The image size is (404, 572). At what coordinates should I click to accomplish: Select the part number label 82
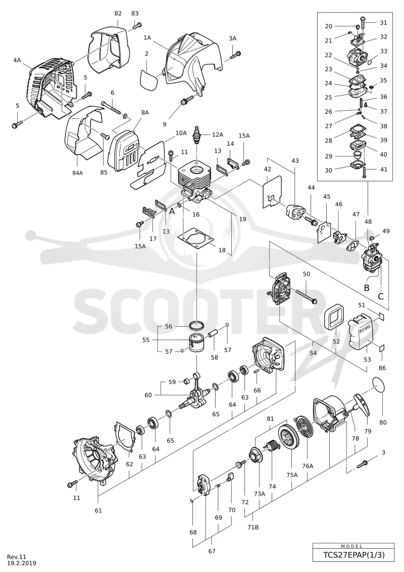[x=118, y=13]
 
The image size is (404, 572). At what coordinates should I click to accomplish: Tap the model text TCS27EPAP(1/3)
[x=353, y=555]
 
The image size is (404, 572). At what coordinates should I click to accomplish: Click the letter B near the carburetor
[x=367, y=288]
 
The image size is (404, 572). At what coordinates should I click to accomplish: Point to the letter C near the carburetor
[x=381, y=296]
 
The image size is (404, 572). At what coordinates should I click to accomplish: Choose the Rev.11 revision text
[x=17, y=557]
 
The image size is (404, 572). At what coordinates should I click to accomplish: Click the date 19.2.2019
[x=22, y=563]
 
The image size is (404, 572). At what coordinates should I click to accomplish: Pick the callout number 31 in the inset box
[x=384, y=23]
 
